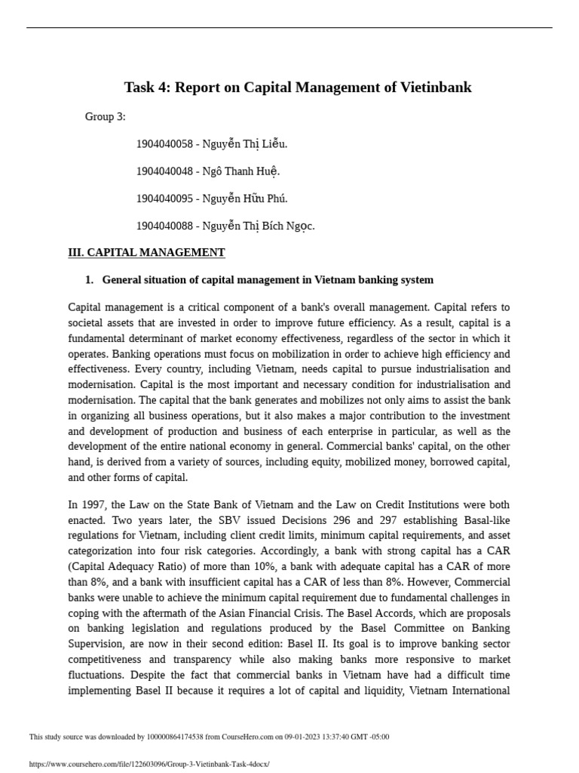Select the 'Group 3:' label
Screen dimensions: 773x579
pos(106,117)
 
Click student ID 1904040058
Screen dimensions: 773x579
pos(164,144)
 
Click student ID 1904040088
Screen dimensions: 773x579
pos(164,226)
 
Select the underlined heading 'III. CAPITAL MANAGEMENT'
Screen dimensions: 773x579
pos(146,253)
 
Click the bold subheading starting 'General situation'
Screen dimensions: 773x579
pos(268,280)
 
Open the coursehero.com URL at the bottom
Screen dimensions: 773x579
pos(149,764)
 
